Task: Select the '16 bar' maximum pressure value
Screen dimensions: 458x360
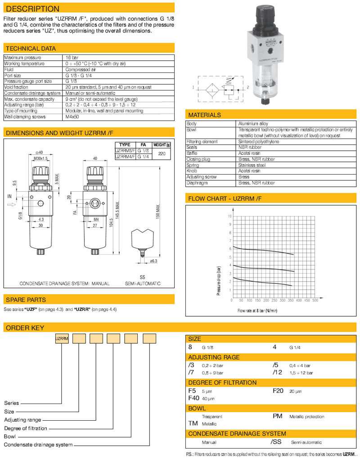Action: (x=72, y=58)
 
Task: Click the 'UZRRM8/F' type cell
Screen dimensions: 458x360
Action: (x=125, y=151)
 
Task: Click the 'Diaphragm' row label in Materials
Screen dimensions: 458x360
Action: (x=197, y=183)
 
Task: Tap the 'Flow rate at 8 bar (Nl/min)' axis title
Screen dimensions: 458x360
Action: (x=257, y=310)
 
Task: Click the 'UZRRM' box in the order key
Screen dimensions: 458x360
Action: (x=62, y=338)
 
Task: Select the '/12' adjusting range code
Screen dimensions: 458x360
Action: (x=278, y=373)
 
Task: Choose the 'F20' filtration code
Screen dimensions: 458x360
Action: (x=278, y=391)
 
